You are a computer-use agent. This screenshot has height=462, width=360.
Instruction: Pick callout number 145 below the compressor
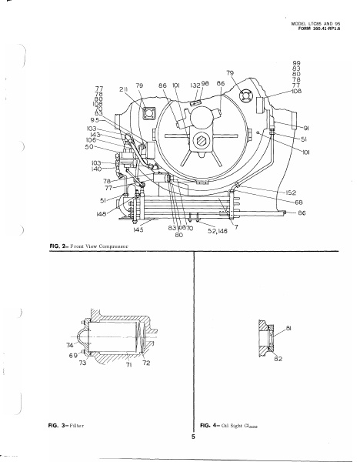coord(138,229)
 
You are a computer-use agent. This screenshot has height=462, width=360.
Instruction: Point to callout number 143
coord(95,134)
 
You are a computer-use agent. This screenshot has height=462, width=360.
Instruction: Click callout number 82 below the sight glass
coord(277,358)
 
